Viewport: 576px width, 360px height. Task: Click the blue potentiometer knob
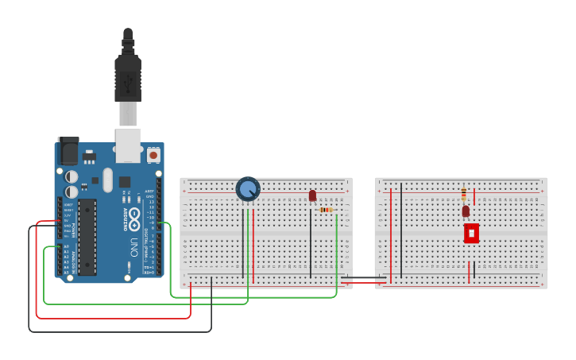(x=248, y=189)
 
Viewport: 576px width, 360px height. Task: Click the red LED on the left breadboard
(x=312, y=195)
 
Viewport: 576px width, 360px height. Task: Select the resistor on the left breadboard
(x=327, y=210)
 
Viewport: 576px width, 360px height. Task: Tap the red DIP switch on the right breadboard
(x=471, y=233)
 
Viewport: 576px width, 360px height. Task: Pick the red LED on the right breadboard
(x=466, y=211)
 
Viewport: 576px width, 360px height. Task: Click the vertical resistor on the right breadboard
(x=464, y=193)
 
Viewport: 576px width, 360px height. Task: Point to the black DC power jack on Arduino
(x=68, y=150)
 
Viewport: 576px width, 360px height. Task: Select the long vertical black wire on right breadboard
(x=401, y=230)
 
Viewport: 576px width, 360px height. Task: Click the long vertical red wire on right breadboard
(x=391, y=234)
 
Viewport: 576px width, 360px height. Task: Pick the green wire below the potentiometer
(x=249, y=238)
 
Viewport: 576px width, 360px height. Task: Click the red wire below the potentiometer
(x=253, y=238)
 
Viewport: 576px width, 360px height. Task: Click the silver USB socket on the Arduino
(x=128, y=141)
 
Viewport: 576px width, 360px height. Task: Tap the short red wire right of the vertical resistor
(x=474, y=196)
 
